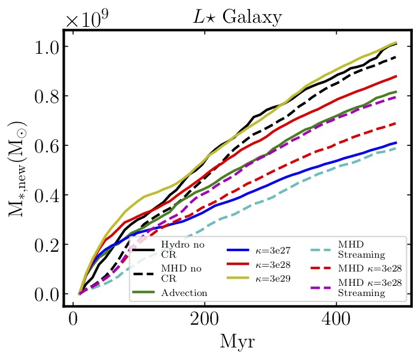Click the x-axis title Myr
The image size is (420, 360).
click(x=236, y=341)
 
